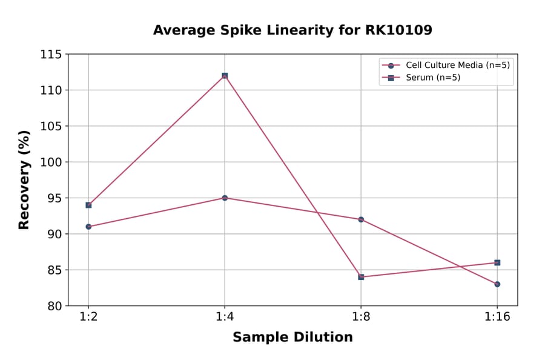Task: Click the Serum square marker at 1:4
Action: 225,76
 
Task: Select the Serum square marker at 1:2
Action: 88,205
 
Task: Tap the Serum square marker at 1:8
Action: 361,277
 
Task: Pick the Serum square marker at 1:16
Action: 497,262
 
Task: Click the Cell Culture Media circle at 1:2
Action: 88,227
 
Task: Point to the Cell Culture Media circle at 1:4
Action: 225,198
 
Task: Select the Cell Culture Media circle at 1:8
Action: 361,219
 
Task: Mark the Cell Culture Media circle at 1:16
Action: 497,284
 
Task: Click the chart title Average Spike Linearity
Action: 292,30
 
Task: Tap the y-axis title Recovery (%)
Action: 24,180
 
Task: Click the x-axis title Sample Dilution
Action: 292,338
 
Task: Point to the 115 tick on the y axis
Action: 51,55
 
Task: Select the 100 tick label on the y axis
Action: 51,162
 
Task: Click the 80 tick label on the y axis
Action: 54,306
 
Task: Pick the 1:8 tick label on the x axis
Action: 361,318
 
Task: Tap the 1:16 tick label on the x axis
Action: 497,318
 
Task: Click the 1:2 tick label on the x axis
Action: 88,318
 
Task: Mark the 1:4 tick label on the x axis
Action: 225,318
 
